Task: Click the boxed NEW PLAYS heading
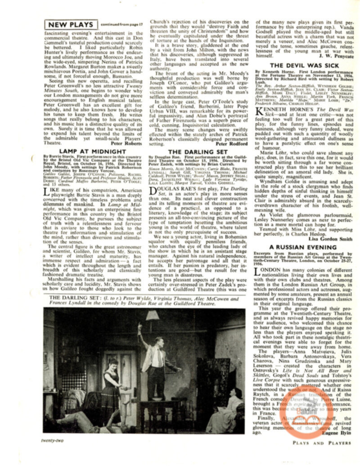click(70, 24)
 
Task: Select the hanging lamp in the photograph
click(153, 316)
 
